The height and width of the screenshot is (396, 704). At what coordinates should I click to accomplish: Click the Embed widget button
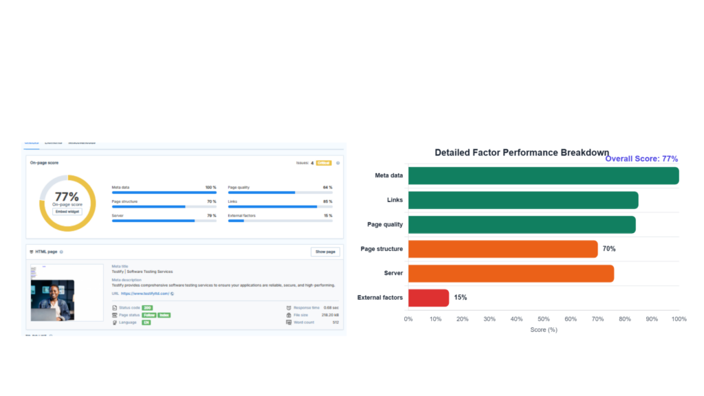[x=67, y=211]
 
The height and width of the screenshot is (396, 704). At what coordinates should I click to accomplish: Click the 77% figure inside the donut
[x=67, y=197]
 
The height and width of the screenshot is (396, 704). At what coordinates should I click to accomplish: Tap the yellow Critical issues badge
[x=323, y=163]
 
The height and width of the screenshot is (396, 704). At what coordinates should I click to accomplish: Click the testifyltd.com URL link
[x=145, y=294]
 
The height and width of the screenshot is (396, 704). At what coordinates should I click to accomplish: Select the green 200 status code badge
[x=147, y=307]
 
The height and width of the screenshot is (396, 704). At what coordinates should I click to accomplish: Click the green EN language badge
[x=146, y=322]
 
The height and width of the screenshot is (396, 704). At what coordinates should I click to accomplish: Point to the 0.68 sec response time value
[x=331, y=307]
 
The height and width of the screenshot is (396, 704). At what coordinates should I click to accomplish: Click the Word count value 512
[x=335, y=322]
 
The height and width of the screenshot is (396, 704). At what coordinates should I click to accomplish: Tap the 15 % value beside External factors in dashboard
[x=328, y=215]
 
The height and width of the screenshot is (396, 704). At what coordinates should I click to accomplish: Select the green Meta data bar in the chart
[x=543, y=175]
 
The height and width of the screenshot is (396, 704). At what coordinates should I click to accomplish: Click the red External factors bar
[x=428, y=298]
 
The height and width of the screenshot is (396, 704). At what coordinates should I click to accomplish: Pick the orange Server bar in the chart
[x=511, y=273]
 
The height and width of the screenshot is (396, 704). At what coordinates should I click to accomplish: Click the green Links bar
[x=523, y=200]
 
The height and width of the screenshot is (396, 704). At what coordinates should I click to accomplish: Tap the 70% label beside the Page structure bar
[x=608, y=249]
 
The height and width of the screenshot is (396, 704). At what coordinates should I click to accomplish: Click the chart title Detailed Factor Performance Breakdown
[x=522, y=152]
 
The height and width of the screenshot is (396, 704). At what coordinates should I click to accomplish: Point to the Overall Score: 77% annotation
[x=641, y=159]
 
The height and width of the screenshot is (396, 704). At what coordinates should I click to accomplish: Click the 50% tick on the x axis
[x=543, y=319]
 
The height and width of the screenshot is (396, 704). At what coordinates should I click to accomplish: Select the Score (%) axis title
[x=543, y=330]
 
